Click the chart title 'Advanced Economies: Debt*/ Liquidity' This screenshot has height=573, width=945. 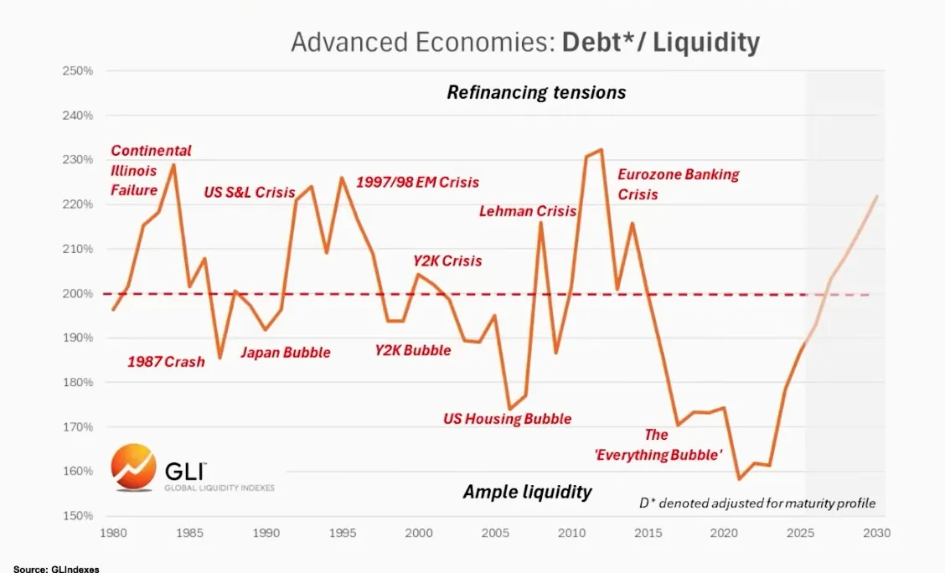pos(524,43)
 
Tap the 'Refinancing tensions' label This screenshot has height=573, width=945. pos(536,92)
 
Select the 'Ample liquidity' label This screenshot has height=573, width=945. pos(527,492)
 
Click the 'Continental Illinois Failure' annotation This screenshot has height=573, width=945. pos(151,170)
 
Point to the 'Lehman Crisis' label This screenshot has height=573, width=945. pos(527,211)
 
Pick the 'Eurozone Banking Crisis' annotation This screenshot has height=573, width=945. pos(678,184)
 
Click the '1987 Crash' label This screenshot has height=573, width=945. pos(166,363)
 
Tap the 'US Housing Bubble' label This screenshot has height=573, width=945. pos(507,418)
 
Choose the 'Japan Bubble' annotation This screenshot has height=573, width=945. pos(285,352)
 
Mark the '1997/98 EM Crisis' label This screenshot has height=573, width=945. pos(417,182)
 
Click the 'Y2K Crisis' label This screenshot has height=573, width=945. pos(447,261)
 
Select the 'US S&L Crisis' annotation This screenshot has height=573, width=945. pos(250,192)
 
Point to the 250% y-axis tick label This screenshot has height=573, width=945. pos(77,70)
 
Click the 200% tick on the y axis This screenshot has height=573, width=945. pos(77,293)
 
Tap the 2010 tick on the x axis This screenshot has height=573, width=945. pos(571,533)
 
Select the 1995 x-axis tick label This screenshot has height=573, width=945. pos(342,533)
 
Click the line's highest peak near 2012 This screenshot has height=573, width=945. pos(601,150)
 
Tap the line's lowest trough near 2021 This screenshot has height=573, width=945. pos(739,479)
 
